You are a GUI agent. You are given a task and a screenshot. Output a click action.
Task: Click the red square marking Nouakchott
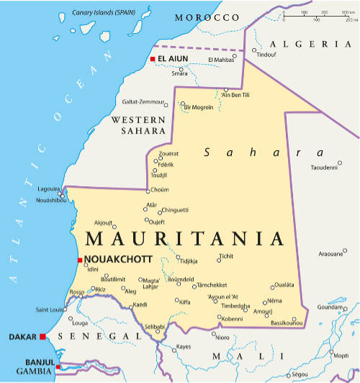tap(79, 259)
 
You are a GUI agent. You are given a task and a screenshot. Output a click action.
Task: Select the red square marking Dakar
tap(43, 336)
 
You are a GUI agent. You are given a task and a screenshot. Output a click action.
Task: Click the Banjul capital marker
tap(58, 366)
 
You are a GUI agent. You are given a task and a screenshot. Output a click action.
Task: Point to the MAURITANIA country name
tap(184, 239)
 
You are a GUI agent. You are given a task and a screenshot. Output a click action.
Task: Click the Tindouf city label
tap(266, 55)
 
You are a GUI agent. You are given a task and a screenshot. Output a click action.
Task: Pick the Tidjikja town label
tap(188, 262)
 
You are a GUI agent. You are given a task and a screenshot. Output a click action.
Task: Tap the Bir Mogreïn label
tap(199, 106)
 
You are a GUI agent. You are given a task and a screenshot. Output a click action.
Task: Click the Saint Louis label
tap(50, 310)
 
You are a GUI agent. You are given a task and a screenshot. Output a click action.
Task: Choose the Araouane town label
tap(331, 254)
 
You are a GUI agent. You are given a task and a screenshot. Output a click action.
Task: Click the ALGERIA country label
tap(318, 43)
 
